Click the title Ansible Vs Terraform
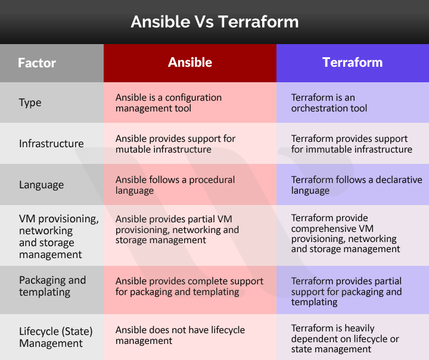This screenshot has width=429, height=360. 214,22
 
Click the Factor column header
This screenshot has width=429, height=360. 37,63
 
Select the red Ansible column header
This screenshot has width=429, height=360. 189,63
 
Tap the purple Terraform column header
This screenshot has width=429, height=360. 352,63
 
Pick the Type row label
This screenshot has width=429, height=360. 30,103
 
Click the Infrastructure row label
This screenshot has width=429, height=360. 51,144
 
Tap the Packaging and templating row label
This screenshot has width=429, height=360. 52,286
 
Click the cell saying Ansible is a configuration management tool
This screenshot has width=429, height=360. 169,103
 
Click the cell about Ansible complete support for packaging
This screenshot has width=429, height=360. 189,286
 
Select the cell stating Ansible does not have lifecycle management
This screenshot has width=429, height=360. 180,336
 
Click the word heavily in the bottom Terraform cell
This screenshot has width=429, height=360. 363,328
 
